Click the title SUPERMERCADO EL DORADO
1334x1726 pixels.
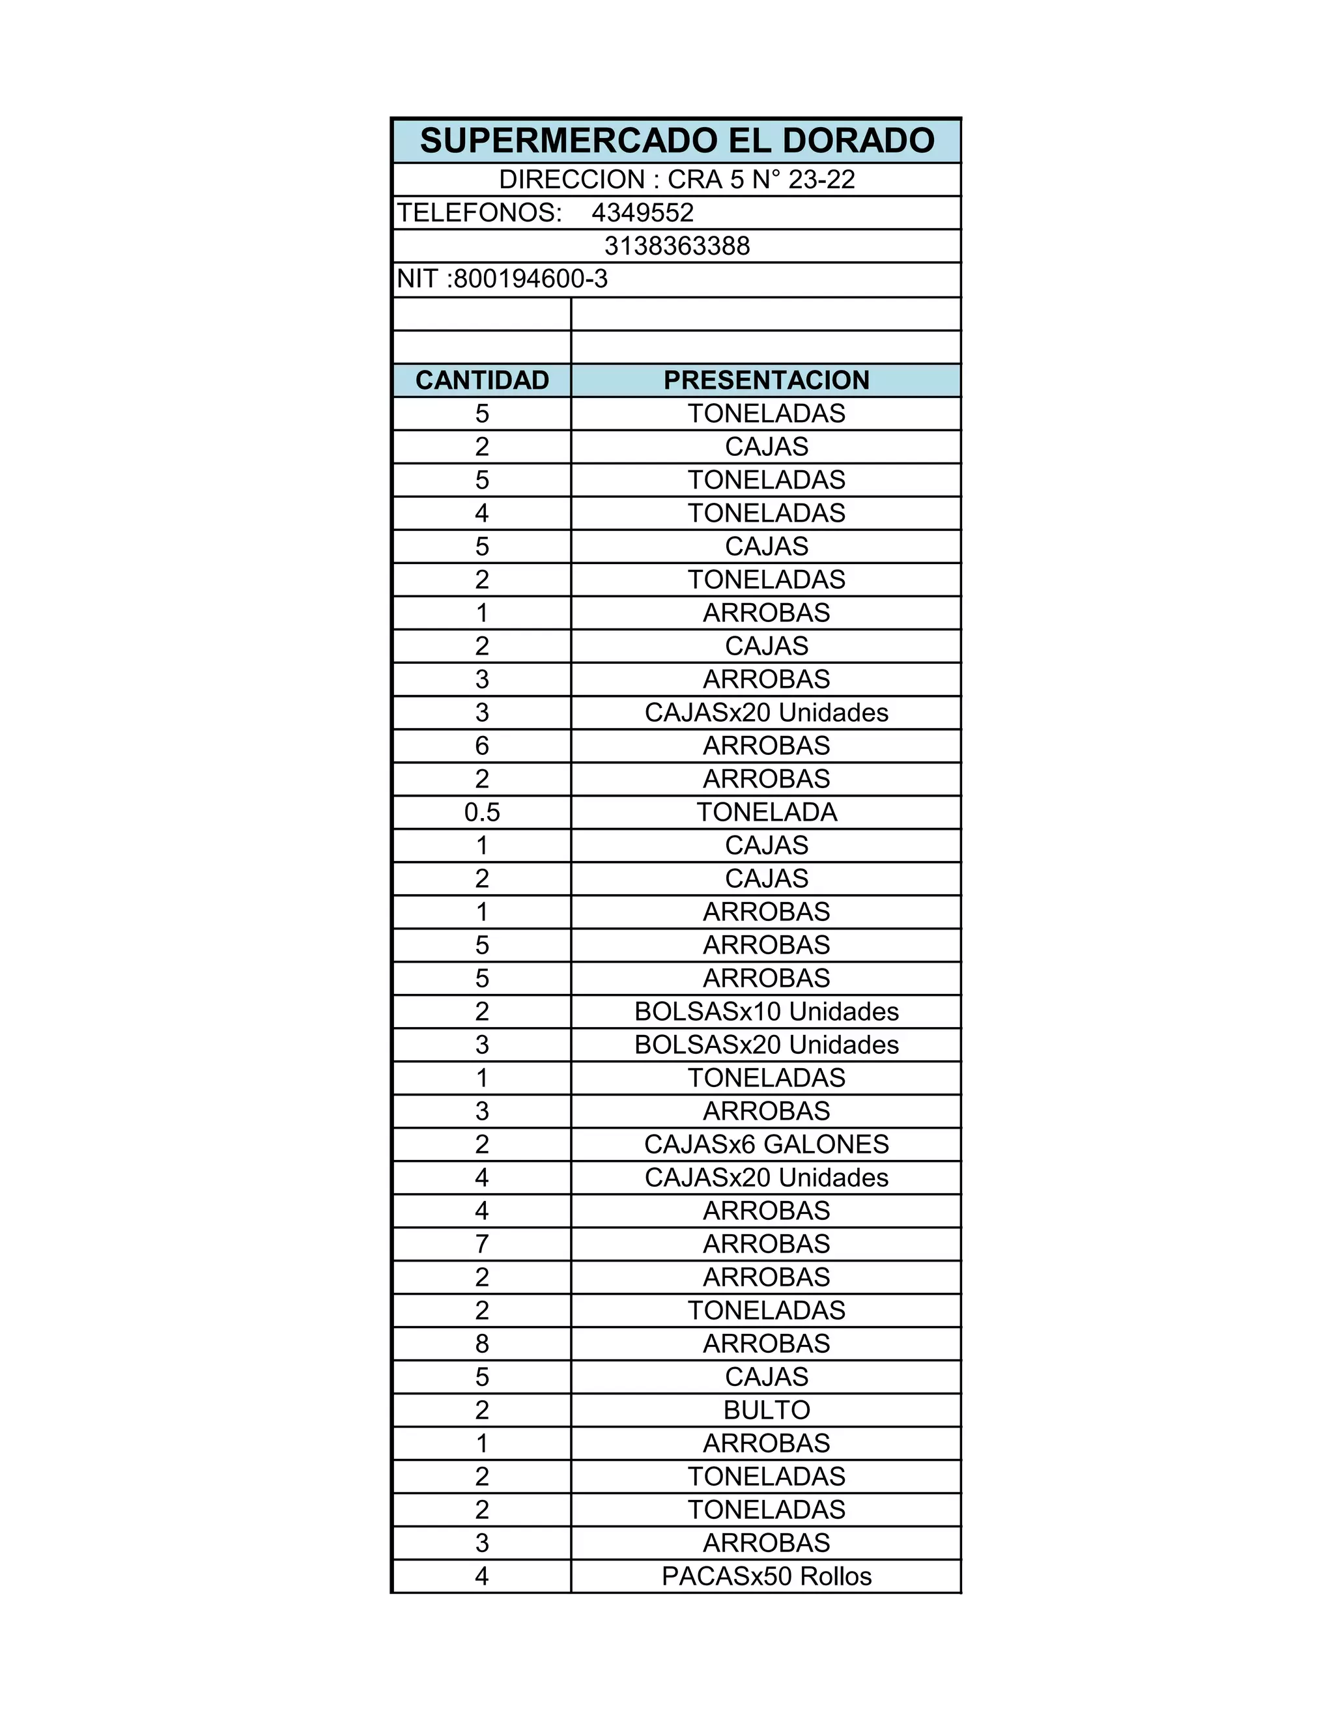click(x=677, y=141)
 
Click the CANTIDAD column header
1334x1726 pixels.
click(x=481, y=380)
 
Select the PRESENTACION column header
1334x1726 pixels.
click(x=766, y=380)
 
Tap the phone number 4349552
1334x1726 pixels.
click(x=642, y=212)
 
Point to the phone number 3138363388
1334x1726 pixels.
click(x=677, y=246)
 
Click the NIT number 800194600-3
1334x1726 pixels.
click(x=530, y=279)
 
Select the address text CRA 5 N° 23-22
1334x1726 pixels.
click(x=760, y=179)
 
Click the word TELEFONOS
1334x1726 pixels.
click(x=479, y=212)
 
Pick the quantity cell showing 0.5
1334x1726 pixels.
click(x=481, y=812)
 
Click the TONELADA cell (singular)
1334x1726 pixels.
click(x=766, y=812)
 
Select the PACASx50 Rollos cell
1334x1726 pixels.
click(x=766, y=1576)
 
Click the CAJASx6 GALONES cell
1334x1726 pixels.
click(x=766, y=1144)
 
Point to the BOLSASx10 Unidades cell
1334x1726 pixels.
click(x=766, y=1012)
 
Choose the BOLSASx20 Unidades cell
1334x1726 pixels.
click(x=766, y=1045)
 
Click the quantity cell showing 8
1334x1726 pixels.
click(x=481, y=1344)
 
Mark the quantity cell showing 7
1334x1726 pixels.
click(x=481, y=1244)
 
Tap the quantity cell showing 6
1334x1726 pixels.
click(x=481, y=746)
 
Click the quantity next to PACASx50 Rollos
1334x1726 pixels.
click(x=481, y=1576)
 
